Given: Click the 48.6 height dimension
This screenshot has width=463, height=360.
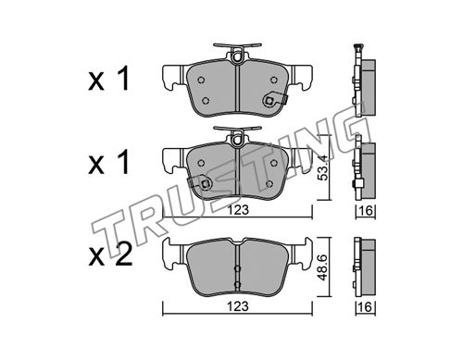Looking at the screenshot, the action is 322,267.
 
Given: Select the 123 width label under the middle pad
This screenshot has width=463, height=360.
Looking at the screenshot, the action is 238,210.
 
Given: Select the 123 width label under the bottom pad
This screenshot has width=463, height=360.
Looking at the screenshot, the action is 238,306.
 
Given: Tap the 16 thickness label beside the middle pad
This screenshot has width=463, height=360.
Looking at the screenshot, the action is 367,211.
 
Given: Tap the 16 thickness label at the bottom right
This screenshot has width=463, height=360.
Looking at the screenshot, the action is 367,307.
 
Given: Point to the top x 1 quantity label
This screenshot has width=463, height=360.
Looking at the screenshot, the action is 108,80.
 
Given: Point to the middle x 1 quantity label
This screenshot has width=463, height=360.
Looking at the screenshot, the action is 108,164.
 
